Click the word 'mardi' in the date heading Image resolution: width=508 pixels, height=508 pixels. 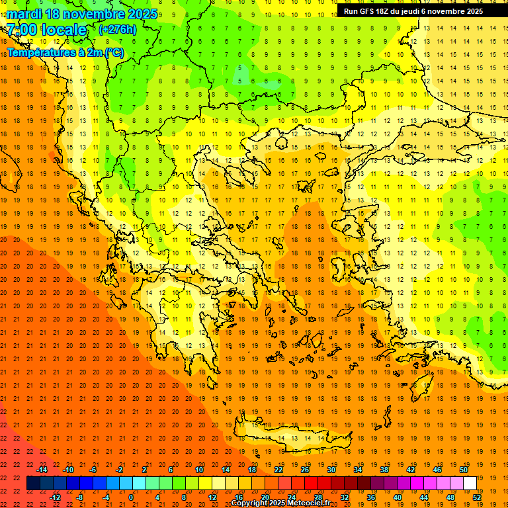pos(22,14)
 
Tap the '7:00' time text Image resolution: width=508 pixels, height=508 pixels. pos(22,30)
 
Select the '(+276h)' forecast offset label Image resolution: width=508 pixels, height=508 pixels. pos(117,30)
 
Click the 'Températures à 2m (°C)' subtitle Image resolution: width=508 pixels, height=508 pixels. pos(65,52)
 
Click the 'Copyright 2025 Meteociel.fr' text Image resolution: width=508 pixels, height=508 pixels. pos(280,503)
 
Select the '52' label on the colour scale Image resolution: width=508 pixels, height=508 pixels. pos(477,497)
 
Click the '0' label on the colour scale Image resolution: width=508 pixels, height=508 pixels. pos(131,497)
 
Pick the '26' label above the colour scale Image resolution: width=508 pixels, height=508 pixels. pos(305,470)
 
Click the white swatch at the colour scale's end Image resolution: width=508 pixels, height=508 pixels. pos(470,484)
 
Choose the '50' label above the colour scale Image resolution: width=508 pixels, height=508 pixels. pos(463,470)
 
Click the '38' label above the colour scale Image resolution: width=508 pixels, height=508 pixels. pos(384,470)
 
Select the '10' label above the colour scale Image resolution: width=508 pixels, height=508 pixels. pos(199,470)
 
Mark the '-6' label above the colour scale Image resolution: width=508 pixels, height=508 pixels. pos(93,470)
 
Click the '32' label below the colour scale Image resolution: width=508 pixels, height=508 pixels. pos(345,497)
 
